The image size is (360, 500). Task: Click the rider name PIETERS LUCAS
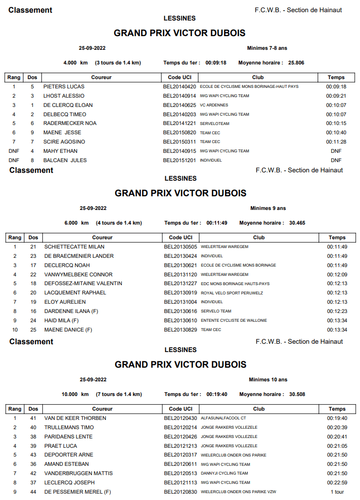click(63, 86)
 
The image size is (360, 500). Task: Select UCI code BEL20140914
click(180, 96)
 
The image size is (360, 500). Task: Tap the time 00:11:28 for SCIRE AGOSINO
click(336, 142)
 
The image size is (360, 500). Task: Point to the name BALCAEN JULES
click(65, 160)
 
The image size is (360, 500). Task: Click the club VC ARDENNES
click(214, 105)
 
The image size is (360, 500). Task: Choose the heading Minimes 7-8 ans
click(267, 48)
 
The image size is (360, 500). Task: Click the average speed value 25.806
click(296, 62)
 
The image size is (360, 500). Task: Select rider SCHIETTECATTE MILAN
click(74, 247)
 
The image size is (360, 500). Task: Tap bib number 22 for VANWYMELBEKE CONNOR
click(33, 274)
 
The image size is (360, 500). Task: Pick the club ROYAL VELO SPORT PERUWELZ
click(232, 293)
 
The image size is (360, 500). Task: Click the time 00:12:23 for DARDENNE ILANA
click(337, 311)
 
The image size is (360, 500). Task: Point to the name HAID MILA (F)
click(61, 320)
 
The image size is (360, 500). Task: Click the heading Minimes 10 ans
click(268, 379)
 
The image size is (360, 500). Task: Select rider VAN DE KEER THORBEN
click(75, 418)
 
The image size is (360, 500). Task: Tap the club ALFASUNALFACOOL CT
click(223, 418)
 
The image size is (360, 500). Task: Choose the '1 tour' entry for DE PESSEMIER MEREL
click(337, 492)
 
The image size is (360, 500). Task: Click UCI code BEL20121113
click(180, 482)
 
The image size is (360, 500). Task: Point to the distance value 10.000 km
click(75, 394)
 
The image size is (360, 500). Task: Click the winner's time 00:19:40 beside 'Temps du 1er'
click(217, 394)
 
